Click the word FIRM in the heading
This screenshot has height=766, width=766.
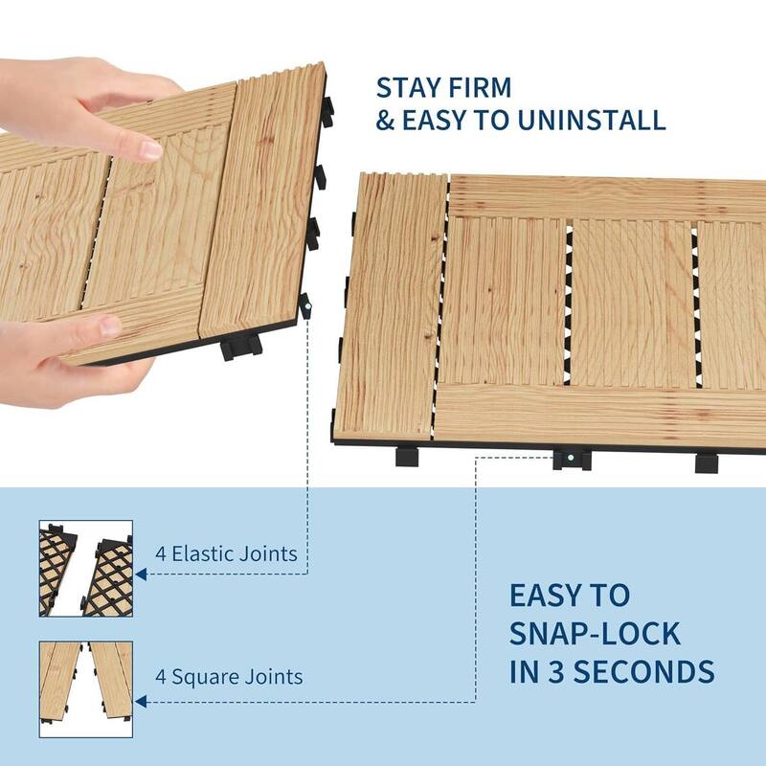click(479, 86)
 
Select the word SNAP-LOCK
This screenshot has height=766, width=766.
click(595, 633)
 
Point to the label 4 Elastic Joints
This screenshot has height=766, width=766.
click(226, 553)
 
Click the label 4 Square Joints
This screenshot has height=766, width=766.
click(229, 677)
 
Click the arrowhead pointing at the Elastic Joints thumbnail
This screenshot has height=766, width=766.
click(141, 574)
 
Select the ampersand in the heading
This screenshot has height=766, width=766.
click(385, 120)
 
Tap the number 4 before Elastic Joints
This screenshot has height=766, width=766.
click(162, 553)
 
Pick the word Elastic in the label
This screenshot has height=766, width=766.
click(205, 553)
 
